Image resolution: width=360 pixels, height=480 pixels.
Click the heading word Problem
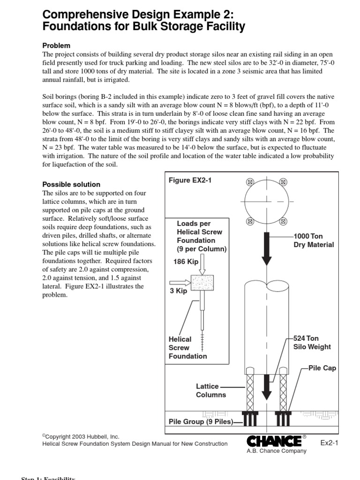click(x=56, y=45)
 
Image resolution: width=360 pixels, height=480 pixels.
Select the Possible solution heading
click(x=71, y=184)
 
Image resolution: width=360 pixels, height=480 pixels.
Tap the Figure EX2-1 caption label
click(x=190, y=180)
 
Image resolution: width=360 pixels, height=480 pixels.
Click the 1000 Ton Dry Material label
click(x=313, y=240)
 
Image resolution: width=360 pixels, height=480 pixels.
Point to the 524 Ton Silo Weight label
click(x=312, y=342)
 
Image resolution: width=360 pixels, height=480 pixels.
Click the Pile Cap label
click(x=322, y=368)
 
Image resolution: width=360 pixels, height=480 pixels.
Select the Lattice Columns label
click(x=210, y=390)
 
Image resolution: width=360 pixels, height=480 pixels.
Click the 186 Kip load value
click(x=186, y=262)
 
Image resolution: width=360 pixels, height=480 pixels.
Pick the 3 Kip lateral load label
click(x=178, y=291)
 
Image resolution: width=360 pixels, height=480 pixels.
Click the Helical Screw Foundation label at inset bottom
click(x=187, y=347)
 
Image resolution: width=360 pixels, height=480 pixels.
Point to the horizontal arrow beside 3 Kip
click(x=180, y=282)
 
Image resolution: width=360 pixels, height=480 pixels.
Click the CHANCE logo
click(x=274, y=441)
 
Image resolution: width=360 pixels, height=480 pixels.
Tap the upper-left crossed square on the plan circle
click(x=250, y=182)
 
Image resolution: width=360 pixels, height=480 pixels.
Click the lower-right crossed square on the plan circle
click(x=283, y=220)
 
